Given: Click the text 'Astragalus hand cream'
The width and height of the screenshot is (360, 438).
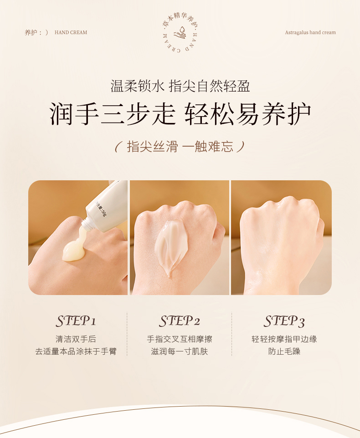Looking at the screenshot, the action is pyautogui.click(x=310, y=32).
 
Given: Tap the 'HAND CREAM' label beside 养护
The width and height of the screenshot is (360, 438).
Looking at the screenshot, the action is pyautogui.click(x=71, y=32).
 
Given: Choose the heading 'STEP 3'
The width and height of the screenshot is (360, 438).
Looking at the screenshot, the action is pyautogui.click(x=284, y=321).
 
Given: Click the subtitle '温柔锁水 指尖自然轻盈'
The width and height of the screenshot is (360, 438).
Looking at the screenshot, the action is pyautogui.click(x=180, y=86).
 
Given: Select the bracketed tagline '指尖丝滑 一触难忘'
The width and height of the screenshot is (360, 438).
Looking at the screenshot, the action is pyautogui.click(x=180, y=146).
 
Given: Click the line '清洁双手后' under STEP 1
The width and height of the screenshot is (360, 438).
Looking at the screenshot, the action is pyautogui.click(x=76, y=339).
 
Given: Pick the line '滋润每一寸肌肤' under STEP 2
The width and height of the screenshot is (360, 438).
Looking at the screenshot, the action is pyautogui.click(x=180, y=351).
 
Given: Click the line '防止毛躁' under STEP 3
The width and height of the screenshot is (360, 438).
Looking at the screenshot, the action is pyautogui.click(x=284, y=351).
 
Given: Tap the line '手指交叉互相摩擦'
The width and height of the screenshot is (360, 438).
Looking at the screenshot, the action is pyautogui.click(x=180, y=339).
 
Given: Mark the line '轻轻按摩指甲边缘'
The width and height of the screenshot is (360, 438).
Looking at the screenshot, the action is pyautogui.click(x=284, y=339).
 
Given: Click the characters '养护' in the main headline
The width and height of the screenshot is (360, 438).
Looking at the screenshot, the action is pyautogui.click(x=286, y=114).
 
